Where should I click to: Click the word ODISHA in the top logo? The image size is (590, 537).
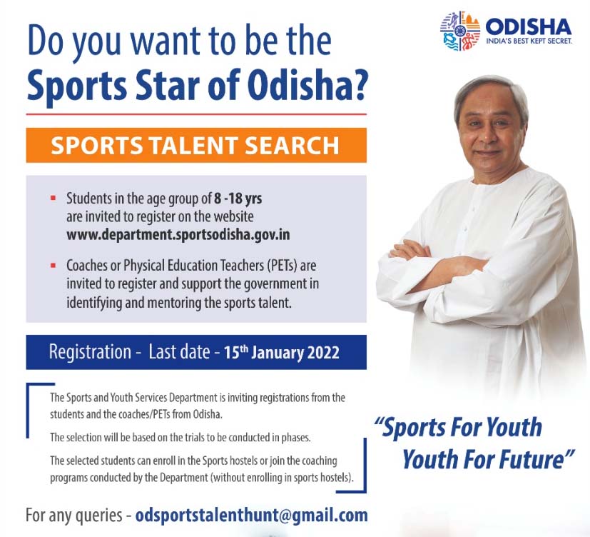(529, 26)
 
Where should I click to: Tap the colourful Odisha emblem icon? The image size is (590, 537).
(460, 31)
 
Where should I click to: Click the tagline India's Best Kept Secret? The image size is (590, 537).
(529, 41)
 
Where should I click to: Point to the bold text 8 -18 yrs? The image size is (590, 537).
(238, 198)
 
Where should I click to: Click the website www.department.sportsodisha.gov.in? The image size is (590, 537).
(178, 235)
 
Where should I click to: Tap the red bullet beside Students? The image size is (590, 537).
(53, 198)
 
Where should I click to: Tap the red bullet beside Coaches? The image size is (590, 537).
(53, 266)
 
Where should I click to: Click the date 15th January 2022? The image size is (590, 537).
(282, 353)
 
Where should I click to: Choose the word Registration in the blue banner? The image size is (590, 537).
(91, 352)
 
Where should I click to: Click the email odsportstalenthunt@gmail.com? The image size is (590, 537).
(251, 515)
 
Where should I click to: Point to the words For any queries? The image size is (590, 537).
(73, 516)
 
